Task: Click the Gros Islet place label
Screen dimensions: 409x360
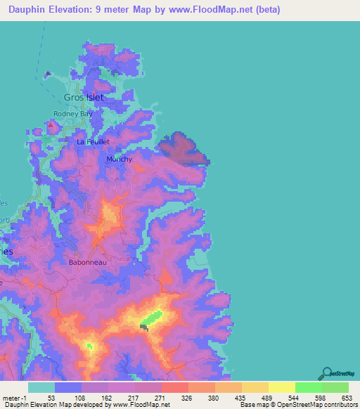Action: [84, 97]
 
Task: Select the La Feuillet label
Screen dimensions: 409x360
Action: [94, 142]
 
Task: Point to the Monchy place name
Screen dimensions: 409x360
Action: [119, 159]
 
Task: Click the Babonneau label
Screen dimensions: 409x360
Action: [88, 262]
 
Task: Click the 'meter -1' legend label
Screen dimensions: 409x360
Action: [14, 397]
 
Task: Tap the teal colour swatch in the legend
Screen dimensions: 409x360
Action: [41, 387]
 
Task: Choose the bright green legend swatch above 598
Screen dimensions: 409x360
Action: [309, 387]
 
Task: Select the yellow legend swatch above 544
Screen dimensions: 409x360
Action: [282, 387]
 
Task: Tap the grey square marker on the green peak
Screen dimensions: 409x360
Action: [145, 326]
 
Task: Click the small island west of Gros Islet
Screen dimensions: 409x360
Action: [48, 73]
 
